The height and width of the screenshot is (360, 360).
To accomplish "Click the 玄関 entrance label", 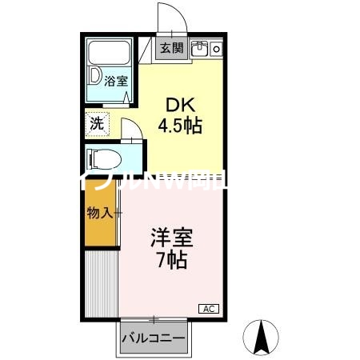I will pos(170,49).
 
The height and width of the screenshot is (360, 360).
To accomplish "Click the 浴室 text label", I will pos(116,80).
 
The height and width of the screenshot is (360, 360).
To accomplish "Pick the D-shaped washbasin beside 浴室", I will pos(95,78).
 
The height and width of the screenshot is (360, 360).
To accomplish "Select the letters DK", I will pos(178,104).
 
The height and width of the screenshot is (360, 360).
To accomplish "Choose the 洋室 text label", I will pos(171,238).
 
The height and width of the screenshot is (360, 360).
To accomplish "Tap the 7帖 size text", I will pos(171,261).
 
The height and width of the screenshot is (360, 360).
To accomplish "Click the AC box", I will pos(207,308).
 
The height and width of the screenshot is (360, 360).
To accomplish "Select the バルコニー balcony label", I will pos(154,338).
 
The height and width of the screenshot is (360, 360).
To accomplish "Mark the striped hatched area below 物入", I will pos(101,280).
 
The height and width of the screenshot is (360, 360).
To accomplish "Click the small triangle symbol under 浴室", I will pos(128,99).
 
